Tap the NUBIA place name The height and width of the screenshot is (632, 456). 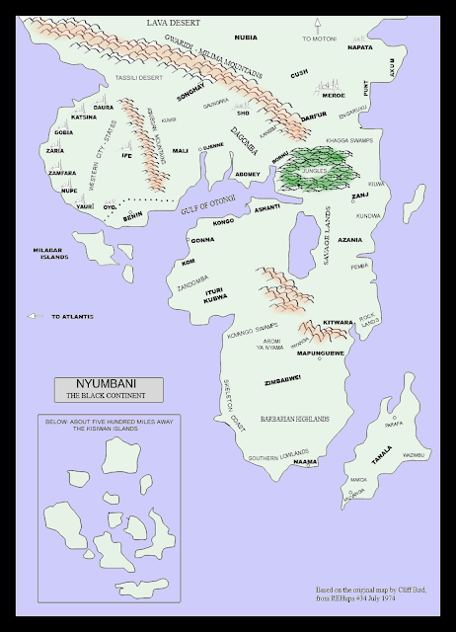tap(246, 38)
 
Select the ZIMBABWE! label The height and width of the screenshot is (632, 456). tap(282, 376)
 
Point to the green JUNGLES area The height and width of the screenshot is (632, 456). tap(311, 169)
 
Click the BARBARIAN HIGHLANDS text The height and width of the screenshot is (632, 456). tap(293, 419)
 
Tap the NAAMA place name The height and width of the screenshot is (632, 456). tap(305, 461)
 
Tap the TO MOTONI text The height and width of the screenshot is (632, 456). tap(318, 38)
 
